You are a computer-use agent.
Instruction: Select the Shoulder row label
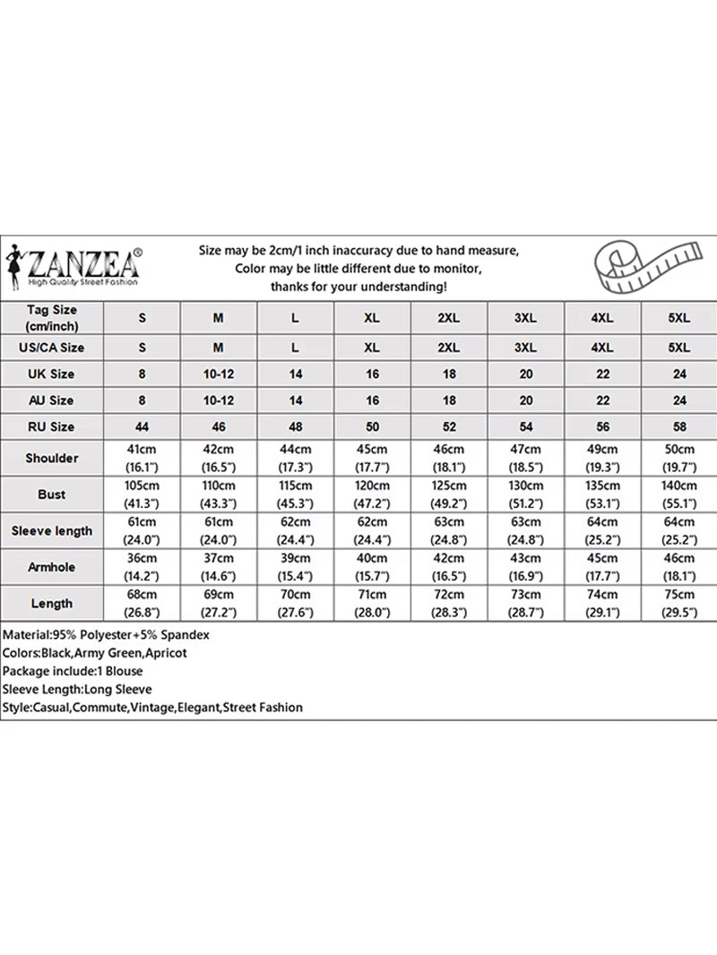click(x=52, y=458)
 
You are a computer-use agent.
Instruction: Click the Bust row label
click(x=52, y=495)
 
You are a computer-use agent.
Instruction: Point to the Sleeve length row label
click(x=52, y=530)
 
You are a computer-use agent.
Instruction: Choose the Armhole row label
click(x=52, y=567)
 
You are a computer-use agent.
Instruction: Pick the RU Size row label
click(x=52, y=426)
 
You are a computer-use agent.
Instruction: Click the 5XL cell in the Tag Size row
click(x=679, y=318)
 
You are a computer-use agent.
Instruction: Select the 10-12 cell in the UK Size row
click(x=219, y=374)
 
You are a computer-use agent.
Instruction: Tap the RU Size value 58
click(x=679, y=426)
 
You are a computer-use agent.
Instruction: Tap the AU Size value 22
click(x=602, y=400)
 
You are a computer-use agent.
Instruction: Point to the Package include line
click(x=72, y=671)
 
